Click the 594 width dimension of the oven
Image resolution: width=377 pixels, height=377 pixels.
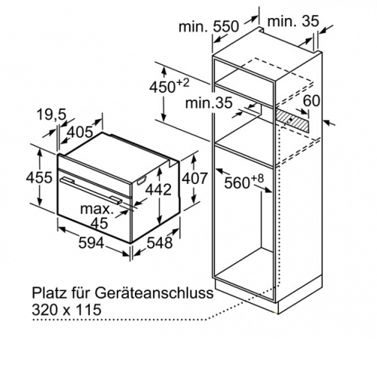[x=91, y=243]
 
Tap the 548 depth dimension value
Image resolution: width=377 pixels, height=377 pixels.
[x=160, y=243]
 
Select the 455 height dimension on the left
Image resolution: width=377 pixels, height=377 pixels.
[x=39, y=177]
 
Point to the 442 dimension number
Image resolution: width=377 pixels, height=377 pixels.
[x=159, y=189]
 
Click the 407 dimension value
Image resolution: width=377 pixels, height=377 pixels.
[x=195, y=178]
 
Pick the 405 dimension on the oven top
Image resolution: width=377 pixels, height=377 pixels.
[x=80, y=132]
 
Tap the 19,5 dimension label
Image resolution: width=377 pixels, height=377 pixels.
[x=51, y=115]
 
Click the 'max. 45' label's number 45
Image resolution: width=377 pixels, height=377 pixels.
[x=100, y=223]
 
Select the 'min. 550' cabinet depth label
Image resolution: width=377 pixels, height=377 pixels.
[x=208, y=26]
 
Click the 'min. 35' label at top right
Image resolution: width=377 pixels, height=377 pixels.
[x=293, y=21]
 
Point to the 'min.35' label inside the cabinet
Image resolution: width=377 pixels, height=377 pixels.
[x=209, y=103]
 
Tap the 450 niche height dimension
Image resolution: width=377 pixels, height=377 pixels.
[x=169, y=86]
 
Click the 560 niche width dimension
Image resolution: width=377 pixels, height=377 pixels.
[x=244, y=181]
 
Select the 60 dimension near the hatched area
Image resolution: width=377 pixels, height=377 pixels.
[x=311, y=100]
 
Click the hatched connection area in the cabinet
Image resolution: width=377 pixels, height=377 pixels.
[x=293, y=120]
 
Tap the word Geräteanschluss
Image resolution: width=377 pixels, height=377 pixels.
[x=155, y=293]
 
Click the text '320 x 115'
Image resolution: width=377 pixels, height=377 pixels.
[x=66, y=310]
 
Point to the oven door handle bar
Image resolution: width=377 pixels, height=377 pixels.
[x=91, y=190]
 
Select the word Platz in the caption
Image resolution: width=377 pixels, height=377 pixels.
[x=48, y=293]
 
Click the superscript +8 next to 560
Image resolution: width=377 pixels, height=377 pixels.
[x=258, y=179]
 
